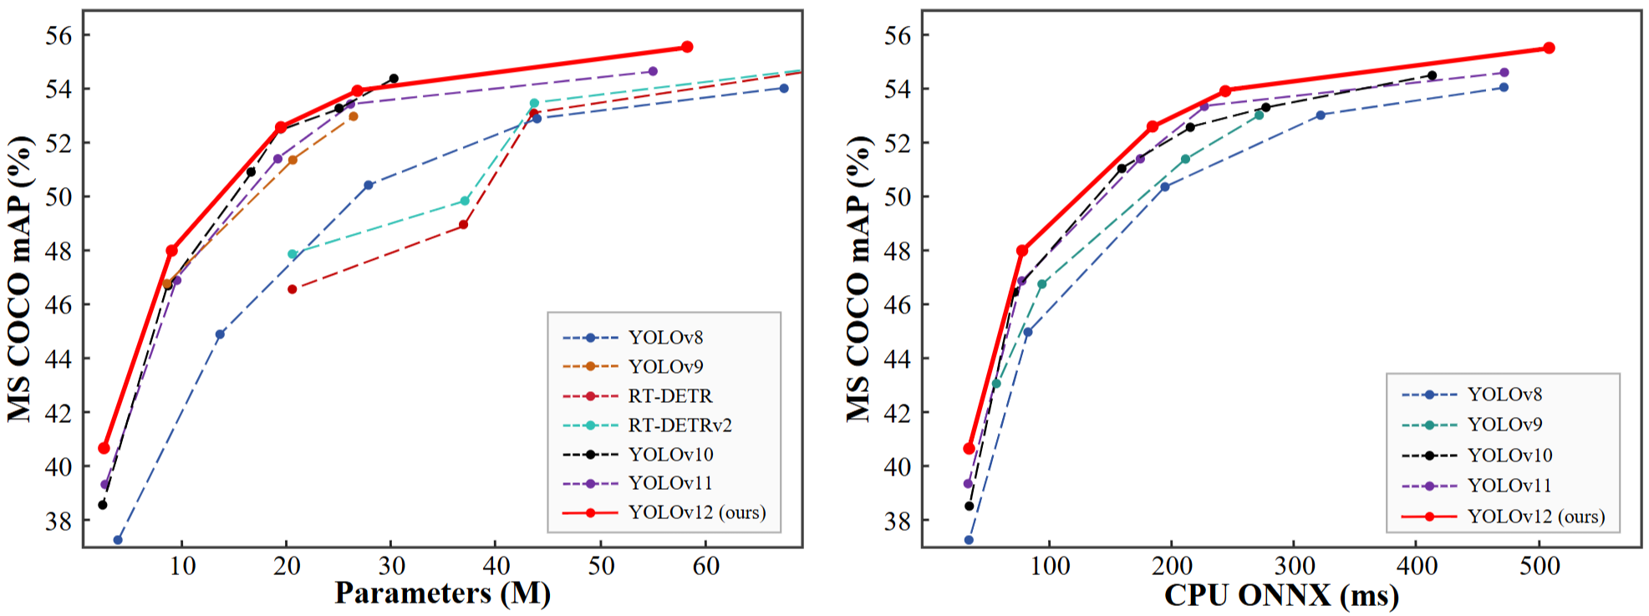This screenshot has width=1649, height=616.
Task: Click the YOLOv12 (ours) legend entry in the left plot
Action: point(696,512)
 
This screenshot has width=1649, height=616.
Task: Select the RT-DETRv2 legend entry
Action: point(679,425)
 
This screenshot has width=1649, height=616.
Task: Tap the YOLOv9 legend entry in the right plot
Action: point(1504,425)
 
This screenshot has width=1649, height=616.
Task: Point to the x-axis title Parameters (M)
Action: point(442,593)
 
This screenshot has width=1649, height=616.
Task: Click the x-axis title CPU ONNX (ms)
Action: point(1281,595)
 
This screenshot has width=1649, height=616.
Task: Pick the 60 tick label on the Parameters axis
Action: point(705,567)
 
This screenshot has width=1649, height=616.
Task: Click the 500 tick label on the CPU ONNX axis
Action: point(1540,567)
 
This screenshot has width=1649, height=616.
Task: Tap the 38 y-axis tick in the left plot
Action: point(59,521)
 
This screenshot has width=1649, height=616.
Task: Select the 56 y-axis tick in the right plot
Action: point(898,35)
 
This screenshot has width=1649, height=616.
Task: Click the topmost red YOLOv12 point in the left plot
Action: point(687,47)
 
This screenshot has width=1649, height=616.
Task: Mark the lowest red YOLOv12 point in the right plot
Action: point(969,449)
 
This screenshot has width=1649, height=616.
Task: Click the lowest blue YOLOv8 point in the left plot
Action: point(118,540)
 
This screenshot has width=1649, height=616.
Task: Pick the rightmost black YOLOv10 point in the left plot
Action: point(394,79)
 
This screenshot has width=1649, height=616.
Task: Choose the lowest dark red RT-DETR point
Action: point(292,289)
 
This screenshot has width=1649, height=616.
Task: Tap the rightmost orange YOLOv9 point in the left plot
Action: point(354,116)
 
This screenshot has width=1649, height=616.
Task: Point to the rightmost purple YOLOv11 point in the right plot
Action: point(1504,73)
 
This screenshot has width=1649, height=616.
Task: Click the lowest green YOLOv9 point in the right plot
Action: point(996,384)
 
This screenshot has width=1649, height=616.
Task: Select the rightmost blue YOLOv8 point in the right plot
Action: point(1504,87)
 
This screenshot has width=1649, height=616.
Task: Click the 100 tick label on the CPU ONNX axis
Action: point(1050,567)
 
